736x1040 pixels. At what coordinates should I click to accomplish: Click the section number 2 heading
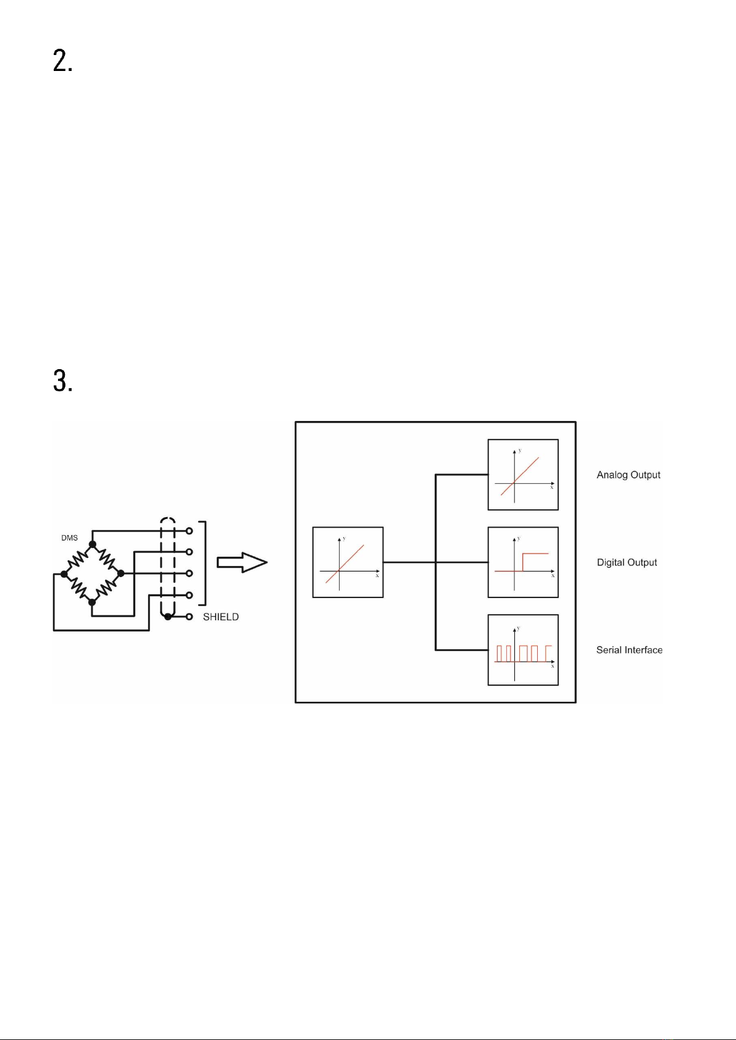coord(63,61)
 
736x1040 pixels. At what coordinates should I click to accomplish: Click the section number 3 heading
coord(63,381)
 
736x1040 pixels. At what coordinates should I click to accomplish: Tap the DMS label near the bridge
coord(70,538)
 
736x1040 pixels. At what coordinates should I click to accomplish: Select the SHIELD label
coord(220,617)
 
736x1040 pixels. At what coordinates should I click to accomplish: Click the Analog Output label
coord(629,475)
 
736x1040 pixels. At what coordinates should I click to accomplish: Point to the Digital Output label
coord(627,562)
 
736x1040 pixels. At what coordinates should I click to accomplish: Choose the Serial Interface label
coord(629,650)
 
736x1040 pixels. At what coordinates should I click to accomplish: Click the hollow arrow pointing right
coord(242,562)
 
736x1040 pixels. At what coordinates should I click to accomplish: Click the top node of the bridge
coord(93,544)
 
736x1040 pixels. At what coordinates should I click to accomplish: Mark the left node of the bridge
coord(64,574)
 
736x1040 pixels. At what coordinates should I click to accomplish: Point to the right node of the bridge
coord(121,573)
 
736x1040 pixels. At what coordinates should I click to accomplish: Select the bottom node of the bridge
coord(92,602)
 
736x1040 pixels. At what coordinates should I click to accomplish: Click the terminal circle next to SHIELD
coord(189,617)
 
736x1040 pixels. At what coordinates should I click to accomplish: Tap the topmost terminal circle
coord(189,531)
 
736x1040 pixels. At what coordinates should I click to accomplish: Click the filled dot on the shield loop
coord(167,617)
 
